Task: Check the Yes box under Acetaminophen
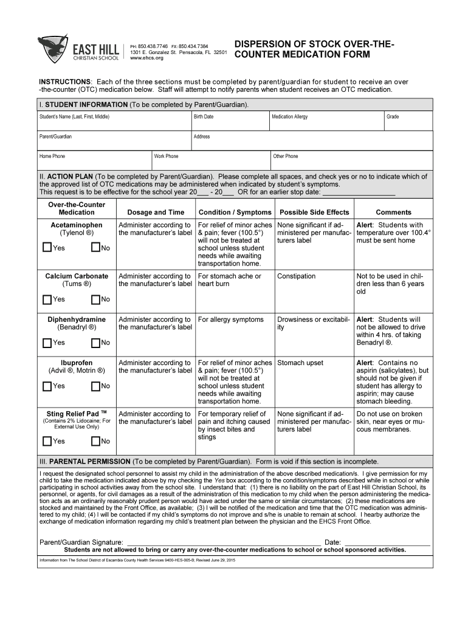47,248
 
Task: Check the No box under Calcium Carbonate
95,299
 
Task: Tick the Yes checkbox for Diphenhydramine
47,343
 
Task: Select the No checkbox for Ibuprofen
95,386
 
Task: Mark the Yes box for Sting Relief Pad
47,441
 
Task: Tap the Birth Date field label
203,116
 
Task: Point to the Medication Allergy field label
290,116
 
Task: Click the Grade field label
393,116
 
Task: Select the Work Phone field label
167,156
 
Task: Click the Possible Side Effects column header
314,212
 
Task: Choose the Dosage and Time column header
156,212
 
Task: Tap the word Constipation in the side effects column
296,276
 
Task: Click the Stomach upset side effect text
300,363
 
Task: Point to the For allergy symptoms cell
231,320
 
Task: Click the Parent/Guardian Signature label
81,542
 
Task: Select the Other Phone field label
286,156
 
